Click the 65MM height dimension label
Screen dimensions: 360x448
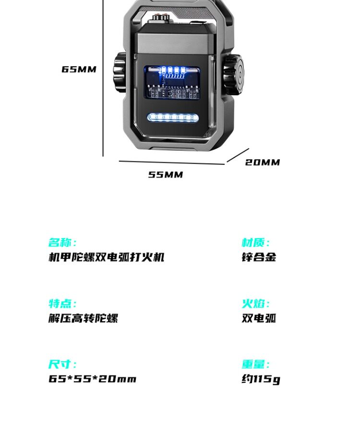tap(79, 69)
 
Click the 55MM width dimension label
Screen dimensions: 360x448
tap(165, 175)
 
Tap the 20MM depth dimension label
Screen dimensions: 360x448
tap(263, 162)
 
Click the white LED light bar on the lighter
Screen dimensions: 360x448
tap(173, 117)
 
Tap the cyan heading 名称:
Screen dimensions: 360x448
tap(62, 242)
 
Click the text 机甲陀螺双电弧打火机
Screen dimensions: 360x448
tap(107, 257)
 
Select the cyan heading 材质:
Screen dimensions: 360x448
tap(256, 242)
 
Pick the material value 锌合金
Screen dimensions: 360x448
tap(259, 257)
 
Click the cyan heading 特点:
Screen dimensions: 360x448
tap(62, 303)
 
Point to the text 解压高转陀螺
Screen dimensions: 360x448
tap(83, 318)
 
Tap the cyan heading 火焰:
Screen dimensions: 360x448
tap(256, 303)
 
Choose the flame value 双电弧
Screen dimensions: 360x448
tap(259, 318)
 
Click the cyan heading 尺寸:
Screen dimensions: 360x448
tap(62, 364)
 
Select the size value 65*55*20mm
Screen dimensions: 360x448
tap(92, 379)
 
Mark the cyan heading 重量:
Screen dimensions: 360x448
tap(256, 364)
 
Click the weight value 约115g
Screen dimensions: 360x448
tap(260, 379)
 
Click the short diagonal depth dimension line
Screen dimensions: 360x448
tap(238, 155)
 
